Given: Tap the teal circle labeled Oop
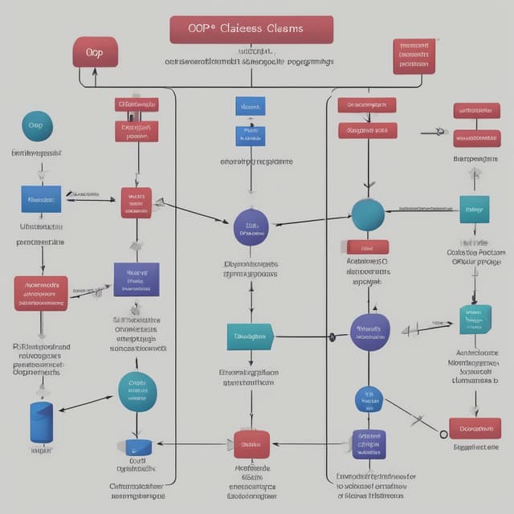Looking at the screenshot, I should coord(36,126).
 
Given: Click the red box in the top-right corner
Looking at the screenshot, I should coord(414,56).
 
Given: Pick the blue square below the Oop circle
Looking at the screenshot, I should coord(41,198).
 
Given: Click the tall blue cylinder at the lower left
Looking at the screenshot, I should coord(41,422).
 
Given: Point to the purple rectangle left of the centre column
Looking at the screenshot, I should coord(137,279).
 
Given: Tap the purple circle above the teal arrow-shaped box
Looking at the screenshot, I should coord(251,227).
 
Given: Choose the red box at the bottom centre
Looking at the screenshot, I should coord(251,444).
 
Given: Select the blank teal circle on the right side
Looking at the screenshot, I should coord(369,214).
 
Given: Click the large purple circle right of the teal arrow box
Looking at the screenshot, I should coord(370,332).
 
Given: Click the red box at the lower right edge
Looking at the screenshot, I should coord(475,428).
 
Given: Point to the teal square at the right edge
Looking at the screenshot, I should coord(474,210).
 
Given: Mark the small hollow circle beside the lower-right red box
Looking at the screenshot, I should coord(443,434).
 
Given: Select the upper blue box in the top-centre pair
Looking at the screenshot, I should coord(251,106).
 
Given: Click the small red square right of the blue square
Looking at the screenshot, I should coord(136,202).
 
